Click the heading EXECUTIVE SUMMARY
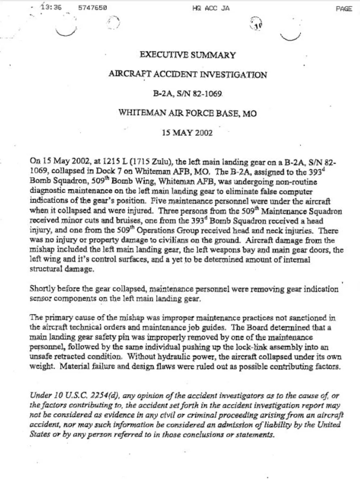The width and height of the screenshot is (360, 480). [188, 55]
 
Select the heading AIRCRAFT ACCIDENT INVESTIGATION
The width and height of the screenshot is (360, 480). [188, 75]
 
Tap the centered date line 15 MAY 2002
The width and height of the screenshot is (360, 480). [187, 133]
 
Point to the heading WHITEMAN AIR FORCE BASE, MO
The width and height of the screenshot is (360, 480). [188, 113]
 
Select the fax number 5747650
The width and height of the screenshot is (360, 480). [92, 8]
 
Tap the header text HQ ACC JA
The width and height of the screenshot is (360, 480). [211, 8]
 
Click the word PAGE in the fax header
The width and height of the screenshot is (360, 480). [344, 9]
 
